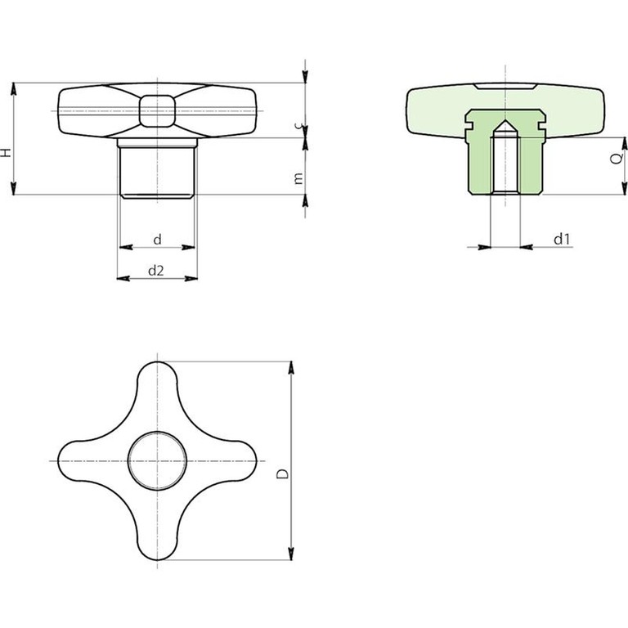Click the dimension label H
(x=6, y=152)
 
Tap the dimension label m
(x=298, y=178)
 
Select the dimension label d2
(x=156, y=271)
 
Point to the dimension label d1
(x=562, y=239)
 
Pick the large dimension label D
(x=283, y=473)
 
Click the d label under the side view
(x=157, y=240)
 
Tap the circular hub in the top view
(x=157, y=461)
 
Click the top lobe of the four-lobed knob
(x=157, y=380)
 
